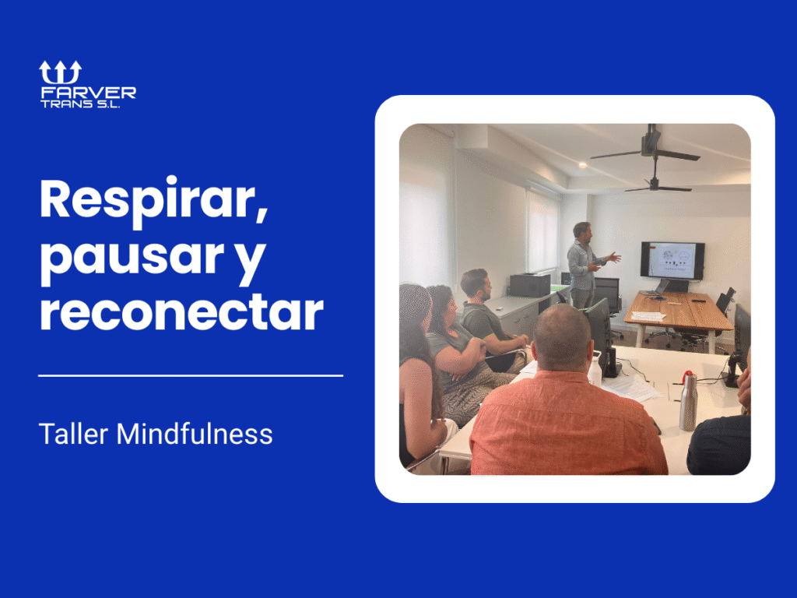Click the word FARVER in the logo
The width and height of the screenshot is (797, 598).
click(88, 93)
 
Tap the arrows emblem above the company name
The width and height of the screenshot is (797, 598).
click(61, 72)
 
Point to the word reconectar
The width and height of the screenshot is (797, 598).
click(181, 311)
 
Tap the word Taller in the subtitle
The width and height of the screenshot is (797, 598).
click(74, 434)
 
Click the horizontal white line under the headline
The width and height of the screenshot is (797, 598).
click(191, 375)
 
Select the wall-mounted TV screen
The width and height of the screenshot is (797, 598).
click(672, 260)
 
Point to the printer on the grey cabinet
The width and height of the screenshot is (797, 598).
click(530, 285)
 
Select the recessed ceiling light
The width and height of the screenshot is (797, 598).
click(582, 165)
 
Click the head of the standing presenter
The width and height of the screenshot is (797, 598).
click(581, 230)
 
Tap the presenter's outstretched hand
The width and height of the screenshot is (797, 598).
click(615, 256)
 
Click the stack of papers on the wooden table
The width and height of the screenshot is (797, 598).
click(648, 315)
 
